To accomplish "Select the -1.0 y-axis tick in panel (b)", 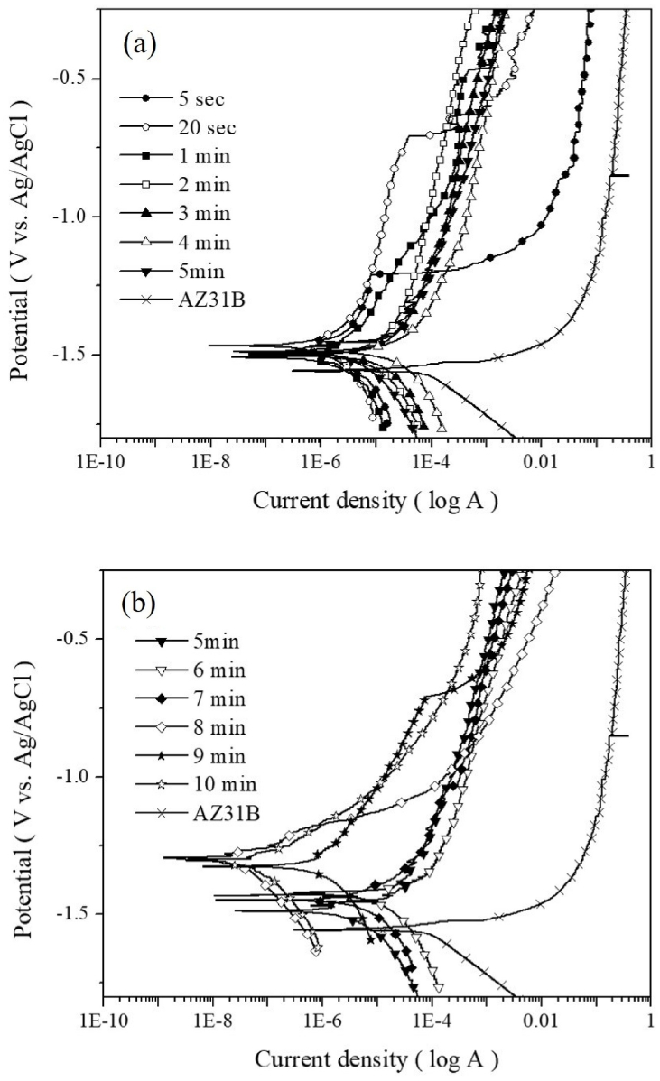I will pos(73,777).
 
